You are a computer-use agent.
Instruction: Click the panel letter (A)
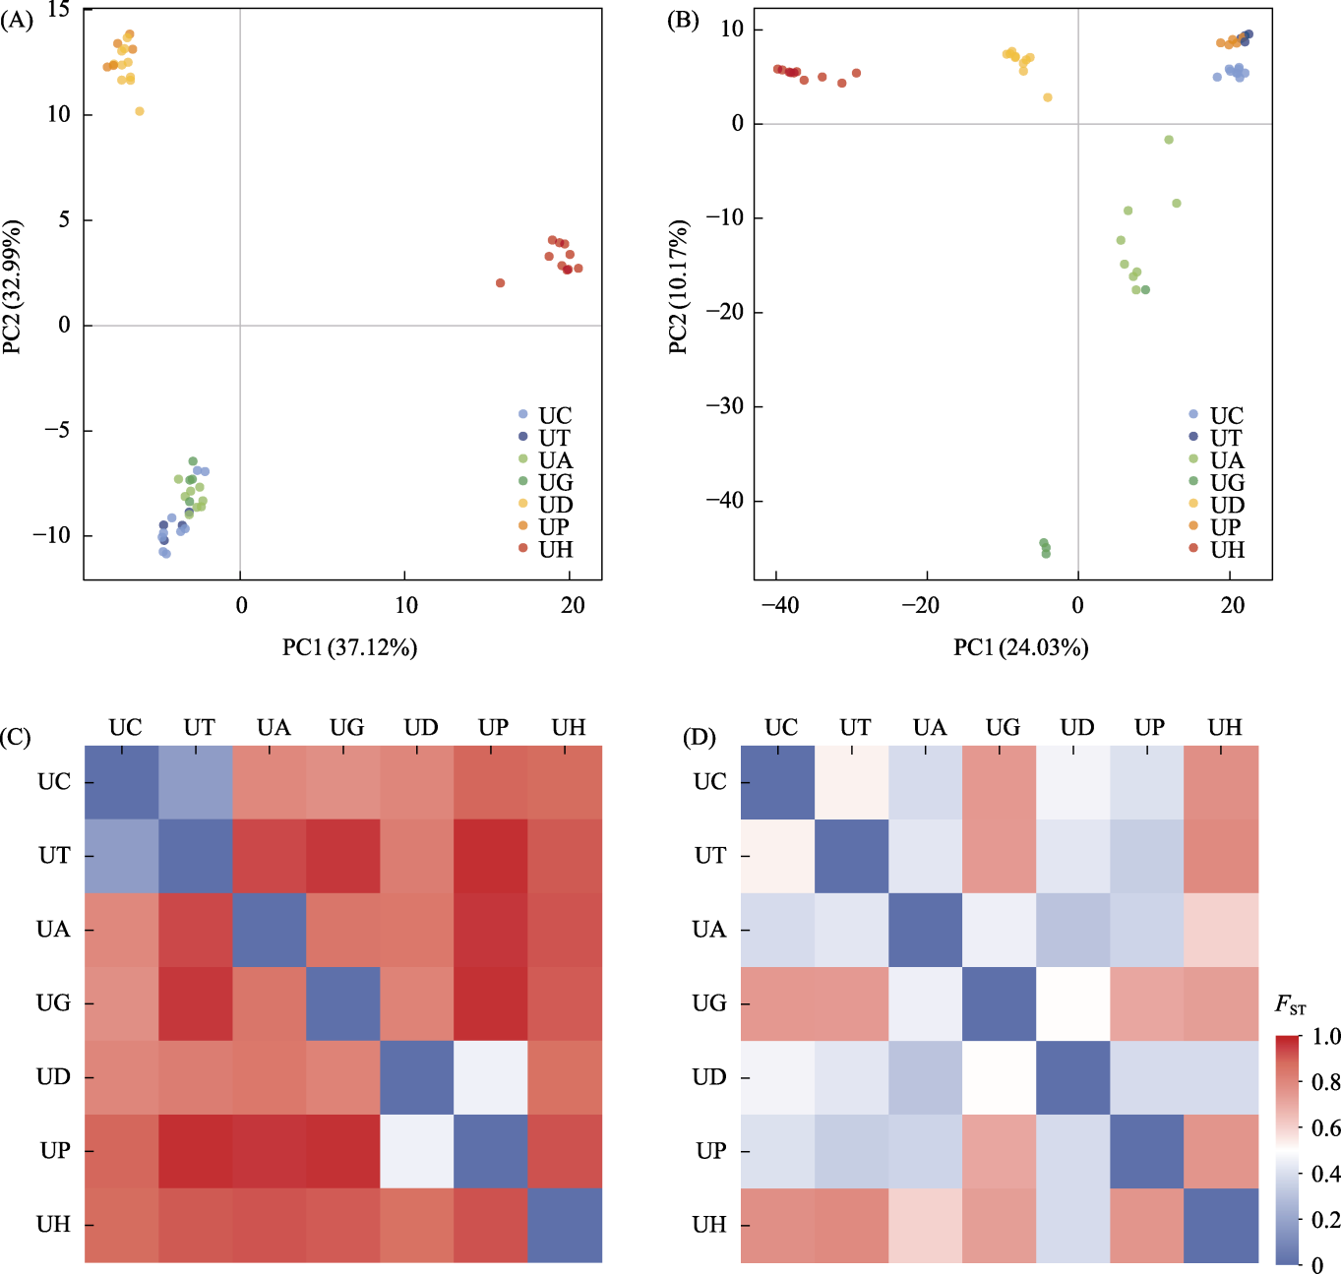[x=17, y=20]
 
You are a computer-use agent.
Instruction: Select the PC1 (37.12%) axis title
[x=349, y=647]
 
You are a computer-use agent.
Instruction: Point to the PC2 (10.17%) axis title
[x=678, y=286]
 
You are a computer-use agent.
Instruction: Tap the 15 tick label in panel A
[x=58, y=11]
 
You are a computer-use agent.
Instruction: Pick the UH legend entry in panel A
[x=555, y=549]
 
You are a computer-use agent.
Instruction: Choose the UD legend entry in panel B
[x=1227, y=505]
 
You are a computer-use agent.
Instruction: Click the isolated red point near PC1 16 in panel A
[x=501, y=283]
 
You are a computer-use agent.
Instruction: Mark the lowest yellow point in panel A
[x=140, y=111]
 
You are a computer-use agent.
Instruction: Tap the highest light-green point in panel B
[x=1169, y=140]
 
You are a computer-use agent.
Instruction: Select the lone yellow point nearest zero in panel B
[x=1048, y=97]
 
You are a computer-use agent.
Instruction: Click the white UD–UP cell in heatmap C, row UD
[x=491, y=1077]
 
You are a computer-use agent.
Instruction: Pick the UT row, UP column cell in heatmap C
[x=491, y=856]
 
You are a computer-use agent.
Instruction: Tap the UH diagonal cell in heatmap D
[x=1221, y=1225]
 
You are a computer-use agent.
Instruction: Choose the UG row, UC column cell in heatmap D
[x=777, y=1003]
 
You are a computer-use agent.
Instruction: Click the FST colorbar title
[x=1290, y=1005]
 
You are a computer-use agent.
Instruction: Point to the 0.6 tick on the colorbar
[x=1325, y=1127]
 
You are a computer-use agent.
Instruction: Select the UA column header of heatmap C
[x=274, y=727]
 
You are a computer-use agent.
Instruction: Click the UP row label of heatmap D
[x=710, y=1151]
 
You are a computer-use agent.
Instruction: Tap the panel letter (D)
[x=700, y=738]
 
